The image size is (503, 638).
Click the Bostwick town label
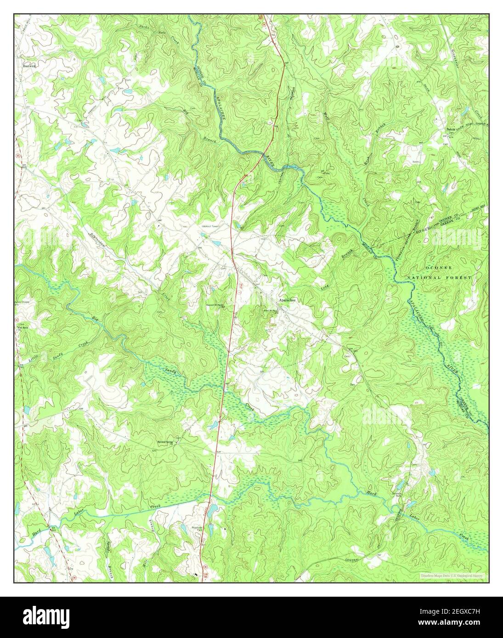click(x=29, y=66)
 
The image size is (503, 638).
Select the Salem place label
click(x=451, y=129)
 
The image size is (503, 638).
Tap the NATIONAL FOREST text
click(x=440, y=278)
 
